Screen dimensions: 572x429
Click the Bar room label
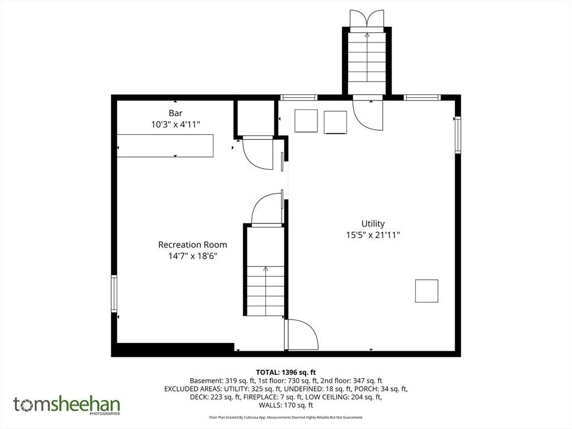coord(175,113)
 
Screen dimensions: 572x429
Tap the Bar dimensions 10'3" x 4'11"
coord(176,125)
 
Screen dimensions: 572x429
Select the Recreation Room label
coord(193,245)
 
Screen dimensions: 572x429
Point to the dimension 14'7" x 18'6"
coord(193,256)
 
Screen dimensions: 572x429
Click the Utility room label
coord(373,223)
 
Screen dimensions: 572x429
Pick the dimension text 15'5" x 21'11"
coord(373,235)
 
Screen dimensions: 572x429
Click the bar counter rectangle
coord(165,146)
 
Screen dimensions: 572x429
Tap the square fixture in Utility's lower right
coord(426,290)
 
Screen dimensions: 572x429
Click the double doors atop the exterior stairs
coord(366,18)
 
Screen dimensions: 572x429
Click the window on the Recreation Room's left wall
coord(114,294)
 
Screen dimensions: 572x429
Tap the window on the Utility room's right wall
coord(458,135)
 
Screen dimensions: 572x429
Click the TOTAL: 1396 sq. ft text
coord(286,373)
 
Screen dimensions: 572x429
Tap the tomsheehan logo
coord(67,405)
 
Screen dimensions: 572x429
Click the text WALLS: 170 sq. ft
coord(286,405)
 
